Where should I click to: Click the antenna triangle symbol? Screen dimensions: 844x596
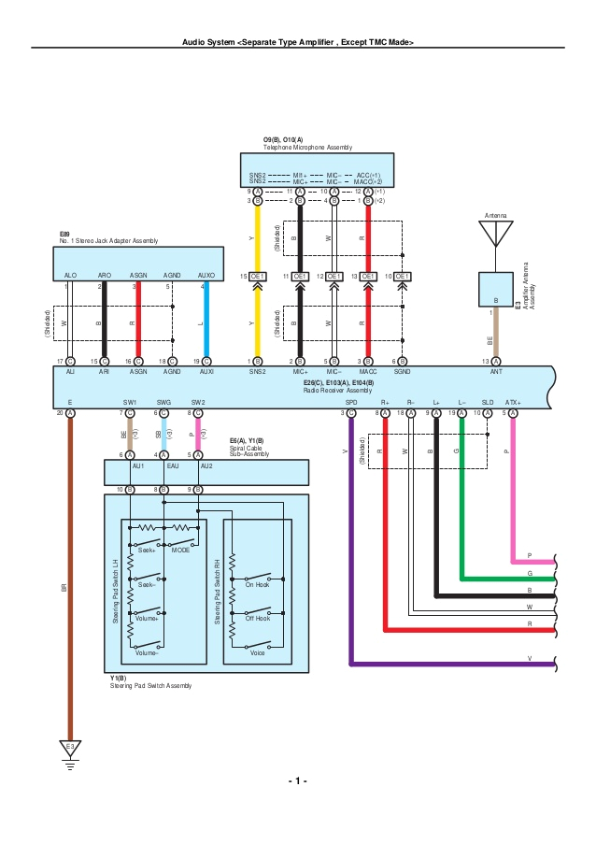coord(496,234)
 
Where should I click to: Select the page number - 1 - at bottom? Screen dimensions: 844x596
coord(298,780)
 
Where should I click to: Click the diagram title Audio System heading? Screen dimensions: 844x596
coord(298,42)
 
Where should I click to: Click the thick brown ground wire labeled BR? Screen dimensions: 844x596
coord(70,579)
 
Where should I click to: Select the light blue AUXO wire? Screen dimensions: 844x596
coord(206,318)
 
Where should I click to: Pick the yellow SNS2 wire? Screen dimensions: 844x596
coord(257,318)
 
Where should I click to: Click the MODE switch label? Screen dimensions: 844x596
coord(180,551)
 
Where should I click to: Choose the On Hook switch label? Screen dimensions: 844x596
coord(257,584)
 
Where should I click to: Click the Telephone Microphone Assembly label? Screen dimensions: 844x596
coord(307,148)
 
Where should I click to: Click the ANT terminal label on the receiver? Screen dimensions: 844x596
coord(496,371)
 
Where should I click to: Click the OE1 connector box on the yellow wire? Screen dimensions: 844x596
coord(257,277)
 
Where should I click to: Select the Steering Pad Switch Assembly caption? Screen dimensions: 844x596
coord(149,686)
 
